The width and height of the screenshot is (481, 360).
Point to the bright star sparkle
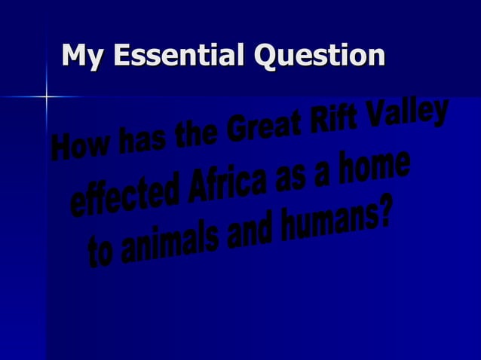point(47,96)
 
